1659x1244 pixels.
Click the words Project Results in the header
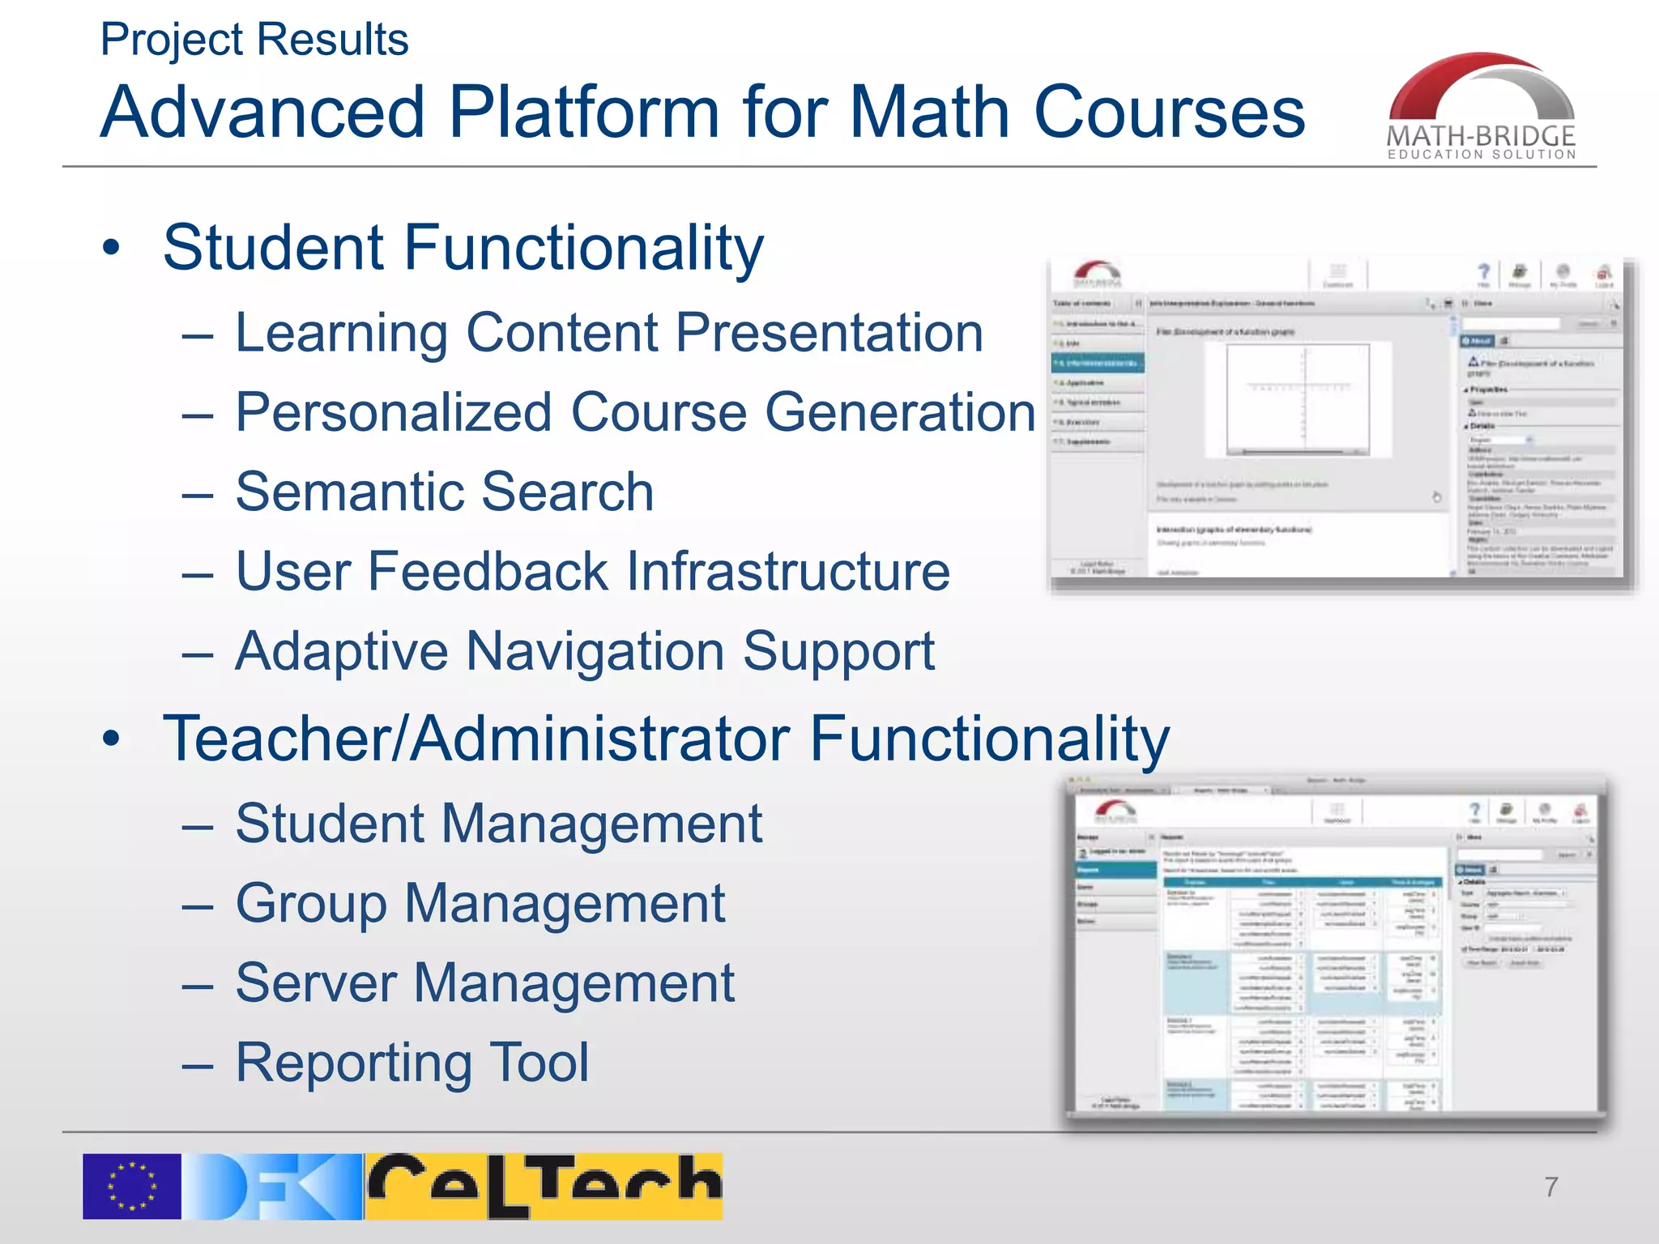254,40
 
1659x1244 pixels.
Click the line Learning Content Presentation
608,333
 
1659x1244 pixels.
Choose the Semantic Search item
444,492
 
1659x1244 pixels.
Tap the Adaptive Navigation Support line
584,651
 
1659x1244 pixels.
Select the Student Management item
498,824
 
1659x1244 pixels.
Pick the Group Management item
480,903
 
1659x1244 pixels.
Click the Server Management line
484,983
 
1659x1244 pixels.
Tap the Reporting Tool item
412,1063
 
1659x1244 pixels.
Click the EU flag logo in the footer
131,1186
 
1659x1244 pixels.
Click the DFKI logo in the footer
272,1186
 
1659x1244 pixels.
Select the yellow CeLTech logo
544,1186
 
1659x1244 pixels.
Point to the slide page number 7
1550,1187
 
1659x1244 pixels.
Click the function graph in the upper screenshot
1298,398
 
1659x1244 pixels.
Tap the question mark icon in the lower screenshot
1474,810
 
